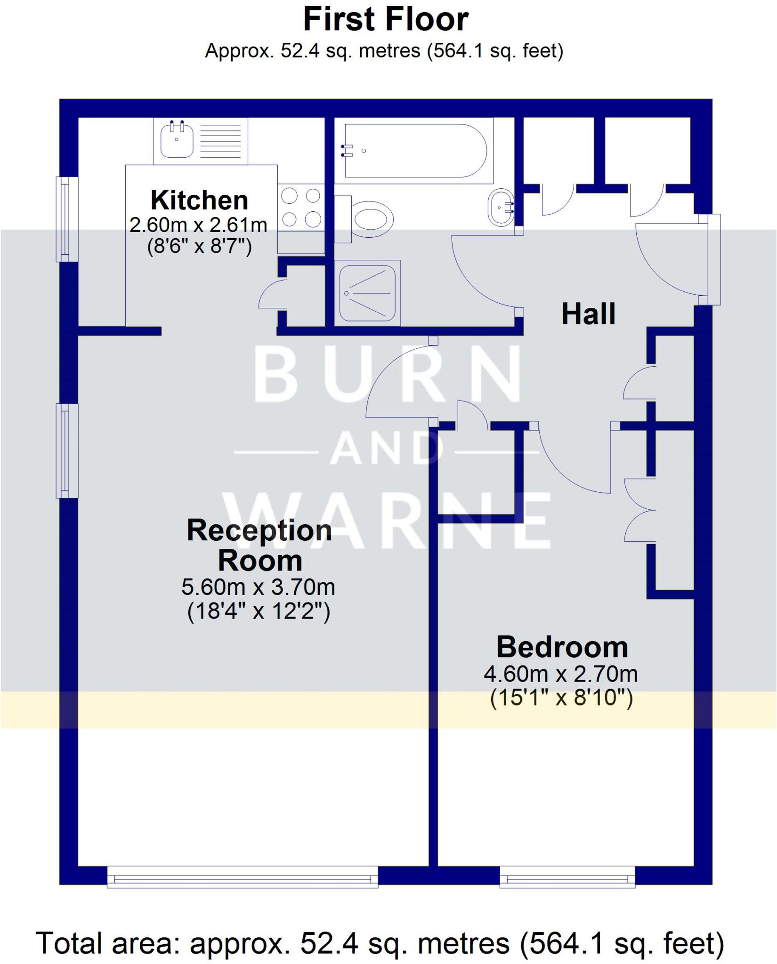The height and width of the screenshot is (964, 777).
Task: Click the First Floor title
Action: tap(385, 20)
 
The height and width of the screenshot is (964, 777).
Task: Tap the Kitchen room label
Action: tap(199, 201)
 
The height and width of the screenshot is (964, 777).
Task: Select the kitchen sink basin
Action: tap(177, 140)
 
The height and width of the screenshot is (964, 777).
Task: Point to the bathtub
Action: tap(414, 151)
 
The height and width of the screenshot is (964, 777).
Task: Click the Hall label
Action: tap(588, 314)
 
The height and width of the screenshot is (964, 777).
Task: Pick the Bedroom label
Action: tap(562, 647)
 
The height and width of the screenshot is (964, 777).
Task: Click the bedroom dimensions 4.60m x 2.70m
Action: tap(560, 674)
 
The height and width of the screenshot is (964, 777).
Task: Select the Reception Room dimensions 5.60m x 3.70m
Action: tap(258, 587)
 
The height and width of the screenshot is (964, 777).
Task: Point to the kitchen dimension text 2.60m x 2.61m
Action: tap(198, 225)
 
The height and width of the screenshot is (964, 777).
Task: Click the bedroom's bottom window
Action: tap(567, 878)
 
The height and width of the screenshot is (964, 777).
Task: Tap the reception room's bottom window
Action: tap(243, 878)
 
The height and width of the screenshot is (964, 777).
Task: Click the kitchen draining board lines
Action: tap(224, 140)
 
